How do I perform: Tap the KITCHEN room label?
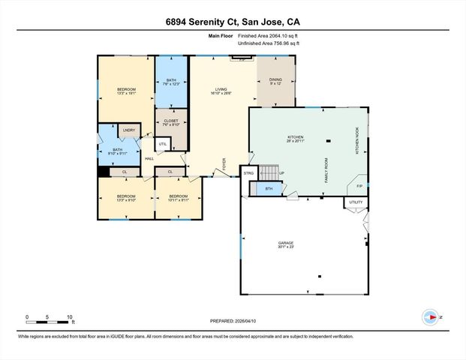[296, 137]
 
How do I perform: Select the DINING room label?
[275, 79]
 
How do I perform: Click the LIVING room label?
[220, 88]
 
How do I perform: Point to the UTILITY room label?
[356, 202]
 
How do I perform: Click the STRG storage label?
[249, 174]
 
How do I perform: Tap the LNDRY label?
[128, 130]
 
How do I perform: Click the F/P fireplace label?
[359, 186]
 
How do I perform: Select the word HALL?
[149, 158]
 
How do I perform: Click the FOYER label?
[223, 163]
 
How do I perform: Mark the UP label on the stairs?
[281, 174]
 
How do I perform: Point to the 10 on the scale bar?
[69, 316]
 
